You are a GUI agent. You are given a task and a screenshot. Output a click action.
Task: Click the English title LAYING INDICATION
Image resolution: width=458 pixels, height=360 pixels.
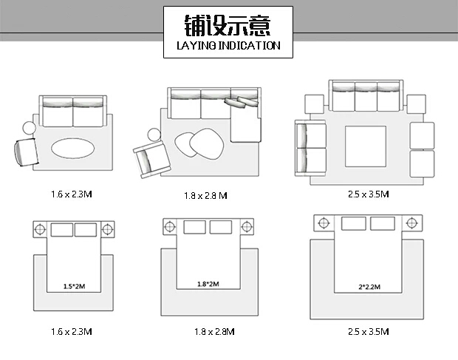[228, 46]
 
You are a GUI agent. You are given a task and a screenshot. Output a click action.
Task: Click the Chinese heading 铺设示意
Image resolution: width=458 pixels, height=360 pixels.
[228, 25]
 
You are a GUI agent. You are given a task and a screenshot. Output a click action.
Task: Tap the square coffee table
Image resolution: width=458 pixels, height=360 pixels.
[366, 146]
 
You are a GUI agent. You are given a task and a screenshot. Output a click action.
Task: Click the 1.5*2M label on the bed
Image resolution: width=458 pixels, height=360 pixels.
[74, 286]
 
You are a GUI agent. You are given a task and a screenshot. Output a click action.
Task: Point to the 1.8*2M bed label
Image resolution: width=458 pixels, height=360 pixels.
[208, 284]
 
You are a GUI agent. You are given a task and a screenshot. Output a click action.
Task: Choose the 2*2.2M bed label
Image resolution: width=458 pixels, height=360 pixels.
[369, 287]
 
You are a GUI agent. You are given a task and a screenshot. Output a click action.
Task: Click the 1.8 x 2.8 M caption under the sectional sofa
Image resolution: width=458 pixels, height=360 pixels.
[205, 195]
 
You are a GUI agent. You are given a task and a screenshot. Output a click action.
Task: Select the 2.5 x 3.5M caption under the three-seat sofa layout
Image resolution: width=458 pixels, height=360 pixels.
[369, 194]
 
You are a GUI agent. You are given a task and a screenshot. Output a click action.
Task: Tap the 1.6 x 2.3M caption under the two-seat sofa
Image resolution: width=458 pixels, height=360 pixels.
[72, 194]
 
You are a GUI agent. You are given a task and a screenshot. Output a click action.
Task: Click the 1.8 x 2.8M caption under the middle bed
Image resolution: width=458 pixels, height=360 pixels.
[214, 332]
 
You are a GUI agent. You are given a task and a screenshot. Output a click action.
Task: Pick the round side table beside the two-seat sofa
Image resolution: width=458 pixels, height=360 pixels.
[30, 128]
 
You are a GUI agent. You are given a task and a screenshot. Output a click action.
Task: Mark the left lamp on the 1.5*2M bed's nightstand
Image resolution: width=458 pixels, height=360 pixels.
[40, 229]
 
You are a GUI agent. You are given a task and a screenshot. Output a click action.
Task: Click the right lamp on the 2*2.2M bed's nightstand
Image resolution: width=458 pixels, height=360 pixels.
[411, 223]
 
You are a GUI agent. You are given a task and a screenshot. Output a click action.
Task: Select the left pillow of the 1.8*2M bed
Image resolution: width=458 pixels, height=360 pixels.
[194, 227]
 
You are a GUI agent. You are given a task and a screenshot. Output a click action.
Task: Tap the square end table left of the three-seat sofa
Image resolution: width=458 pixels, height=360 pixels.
[314, 104]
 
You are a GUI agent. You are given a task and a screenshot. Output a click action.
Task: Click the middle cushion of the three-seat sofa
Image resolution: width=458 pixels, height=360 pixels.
[366, 97]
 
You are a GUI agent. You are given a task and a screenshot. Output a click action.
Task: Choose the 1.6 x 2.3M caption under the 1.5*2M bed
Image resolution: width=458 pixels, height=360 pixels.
[72, 332]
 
